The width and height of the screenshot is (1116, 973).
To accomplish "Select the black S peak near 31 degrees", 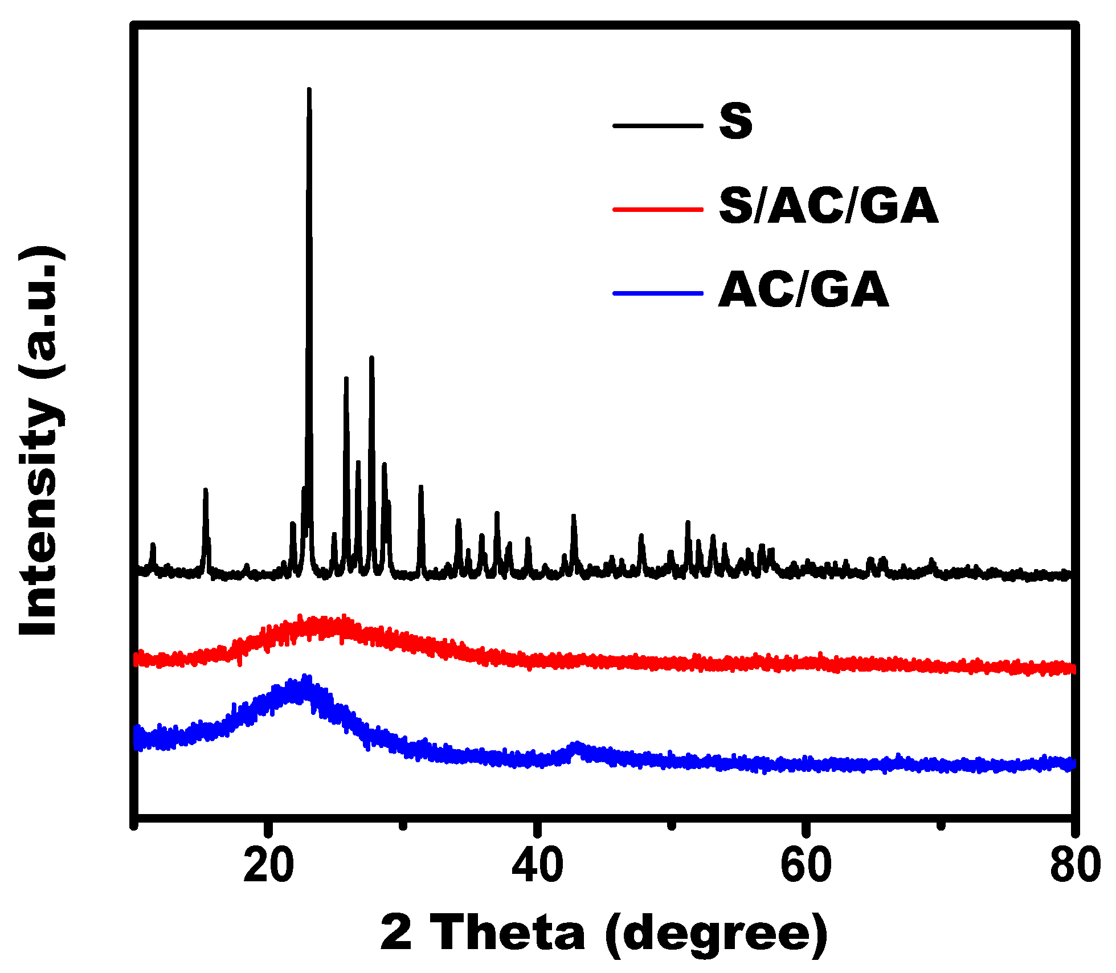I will [x=421, y=488].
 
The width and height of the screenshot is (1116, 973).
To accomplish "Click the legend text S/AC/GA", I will [x=828, y=206].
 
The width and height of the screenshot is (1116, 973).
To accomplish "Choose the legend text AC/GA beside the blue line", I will [x=803, y=291].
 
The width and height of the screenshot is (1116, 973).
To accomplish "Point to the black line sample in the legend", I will [x=658, y=125].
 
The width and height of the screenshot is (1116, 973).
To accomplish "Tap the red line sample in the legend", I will [x=658, y=209].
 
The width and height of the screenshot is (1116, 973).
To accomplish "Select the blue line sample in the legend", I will [x=658, y=293].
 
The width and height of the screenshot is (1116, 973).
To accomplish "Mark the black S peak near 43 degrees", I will [x=574, y=517].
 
